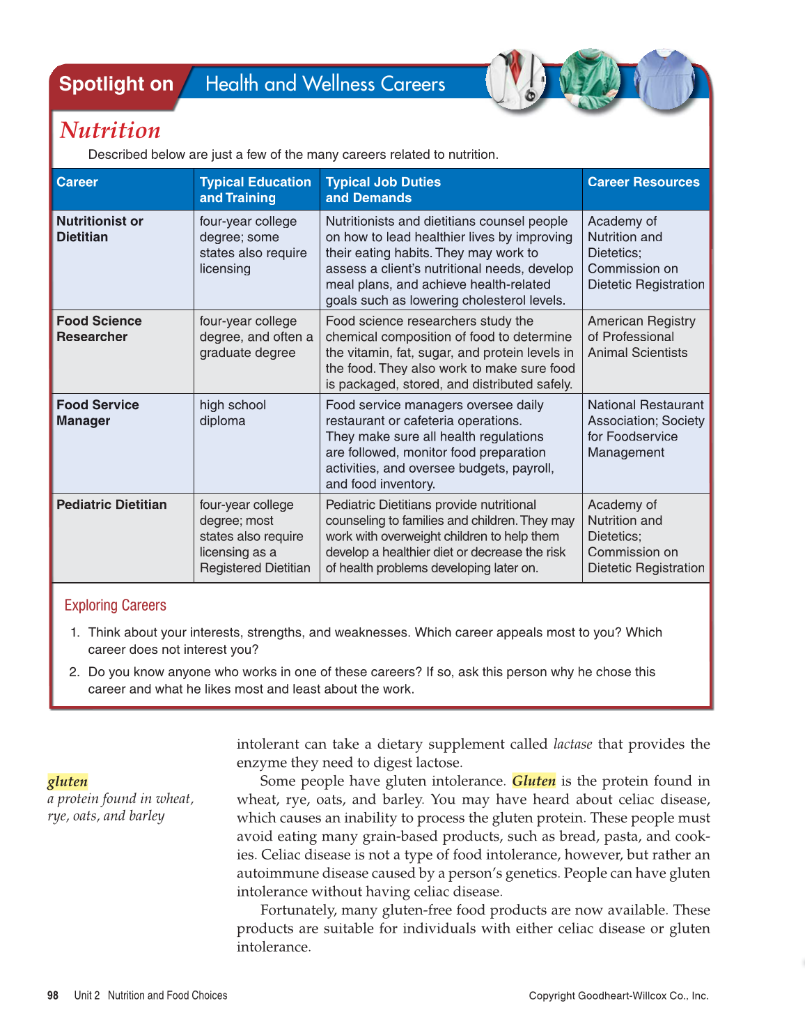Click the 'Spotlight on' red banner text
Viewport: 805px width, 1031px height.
tap(116, 84)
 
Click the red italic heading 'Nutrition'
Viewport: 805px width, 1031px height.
tap(110, 130)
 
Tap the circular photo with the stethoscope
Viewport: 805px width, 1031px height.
tap(516, 79)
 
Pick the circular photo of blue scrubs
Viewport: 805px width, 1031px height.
tap(665, 79)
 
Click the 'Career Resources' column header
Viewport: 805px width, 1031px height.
tap(643, 182)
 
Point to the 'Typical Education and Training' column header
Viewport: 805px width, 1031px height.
tap(255, 190)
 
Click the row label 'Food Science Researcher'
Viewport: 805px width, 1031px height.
tap(99, 329)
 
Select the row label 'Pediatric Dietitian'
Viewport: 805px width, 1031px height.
tap(111, 505)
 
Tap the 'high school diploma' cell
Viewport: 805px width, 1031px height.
tap(233, 413)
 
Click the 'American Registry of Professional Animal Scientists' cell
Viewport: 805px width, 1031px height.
tap(641, 337)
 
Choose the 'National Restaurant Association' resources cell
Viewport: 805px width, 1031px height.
tap(646, 428)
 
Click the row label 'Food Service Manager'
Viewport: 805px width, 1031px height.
tap(97, 413)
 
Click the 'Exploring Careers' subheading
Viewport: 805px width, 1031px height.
tap(115, 605)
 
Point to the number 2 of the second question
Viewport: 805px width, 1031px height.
tap(74, 672)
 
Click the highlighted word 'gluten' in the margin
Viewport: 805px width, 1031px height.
tap(68, 781)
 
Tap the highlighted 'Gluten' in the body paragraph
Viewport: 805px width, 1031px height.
tap(534, 781)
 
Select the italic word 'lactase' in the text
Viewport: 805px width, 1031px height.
tap(572, 744)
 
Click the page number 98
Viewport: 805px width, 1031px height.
tap(53, 995)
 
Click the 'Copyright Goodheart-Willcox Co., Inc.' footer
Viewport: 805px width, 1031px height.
tap(618, 995)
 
